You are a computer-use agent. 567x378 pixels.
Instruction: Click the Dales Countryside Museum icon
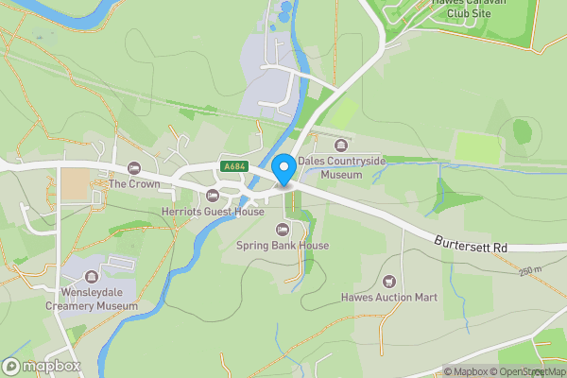[x=340, y=146]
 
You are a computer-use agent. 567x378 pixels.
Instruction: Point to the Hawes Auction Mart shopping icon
[x=388, y=281]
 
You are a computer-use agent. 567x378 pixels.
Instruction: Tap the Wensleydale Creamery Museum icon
[x=91, y=276]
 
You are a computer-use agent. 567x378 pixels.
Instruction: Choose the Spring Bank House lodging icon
[x=282, y=230]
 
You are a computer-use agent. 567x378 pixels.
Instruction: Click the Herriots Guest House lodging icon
[x=212, y=196]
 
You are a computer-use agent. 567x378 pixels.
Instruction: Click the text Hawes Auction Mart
[x=388, y=298]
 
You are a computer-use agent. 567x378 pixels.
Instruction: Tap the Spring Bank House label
[x=282, y=246]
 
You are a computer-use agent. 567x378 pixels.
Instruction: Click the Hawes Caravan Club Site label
[x=471, y=9]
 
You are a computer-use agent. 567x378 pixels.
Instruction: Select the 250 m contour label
[x=529, y=271]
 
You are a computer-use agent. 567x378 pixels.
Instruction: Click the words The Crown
[x=132, y=183]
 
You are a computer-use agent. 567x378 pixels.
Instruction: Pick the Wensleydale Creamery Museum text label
[x=91, y=299]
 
